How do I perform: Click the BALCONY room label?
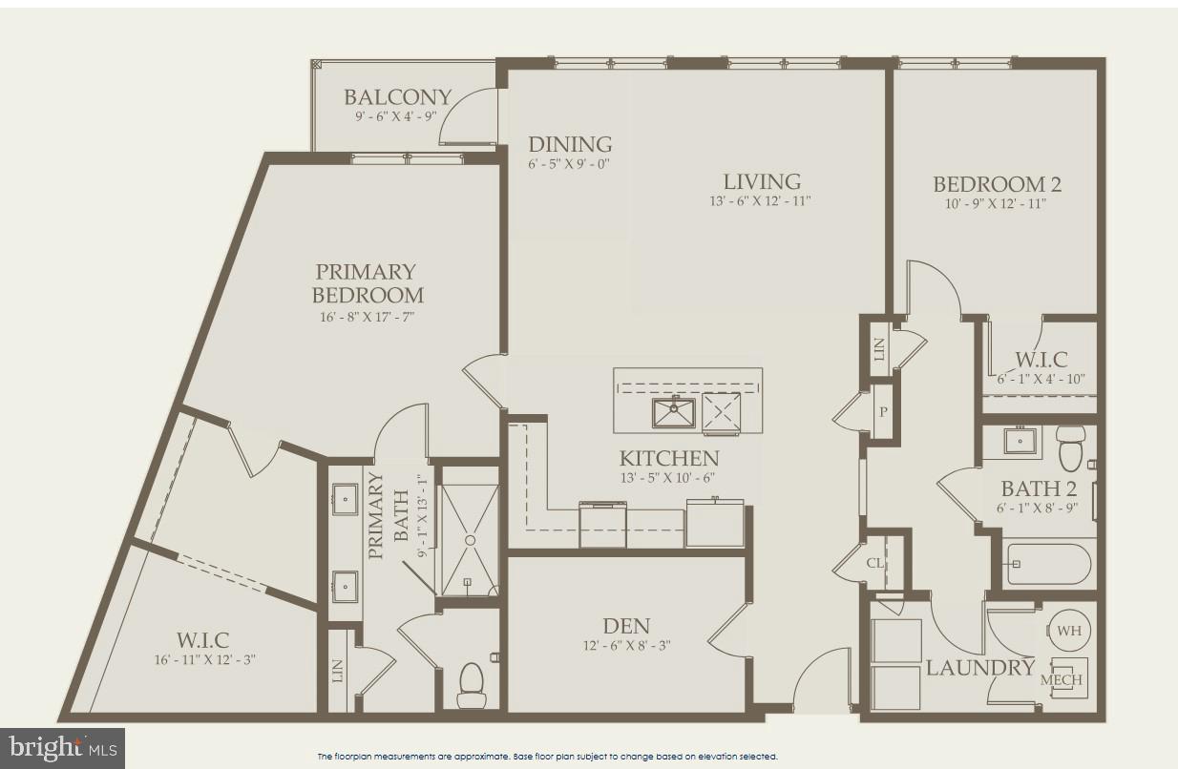click(397, 97)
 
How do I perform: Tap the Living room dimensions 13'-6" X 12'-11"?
click(761, 201)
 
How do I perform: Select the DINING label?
click(570, 145)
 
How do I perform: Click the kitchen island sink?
click(674, 413)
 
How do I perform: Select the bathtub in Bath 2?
click(1048, 564)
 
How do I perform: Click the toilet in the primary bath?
click(472, 684)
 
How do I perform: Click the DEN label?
click(626, 627)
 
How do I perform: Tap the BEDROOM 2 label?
click(997, 185)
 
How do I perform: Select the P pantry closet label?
click(883, 412)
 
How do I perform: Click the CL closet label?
click(875, 563)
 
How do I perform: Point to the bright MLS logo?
click(62, 748)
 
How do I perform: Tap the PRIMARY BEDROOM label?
click(368, 283)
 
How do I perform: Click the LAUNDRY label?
click(979, 667)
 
